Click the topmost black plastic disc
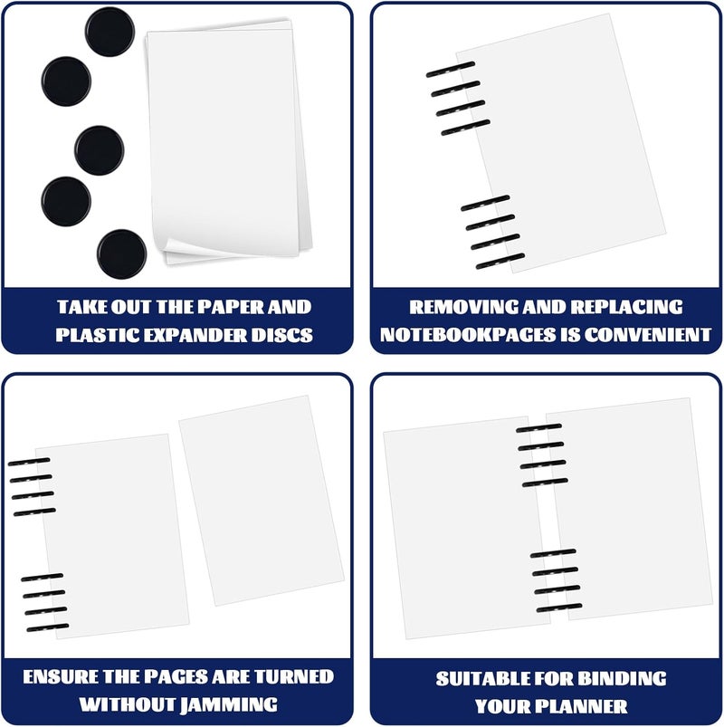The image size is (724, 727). (x=110, y=32)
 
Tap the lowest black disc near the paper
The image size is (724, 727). (x=122, y=254)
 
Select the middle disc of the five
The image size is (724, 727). (x=100, y=150)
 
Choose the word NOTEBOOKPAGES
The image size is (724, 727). (x=468, y=335)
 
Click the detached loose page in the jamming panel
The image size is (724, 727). (x=262, y=501)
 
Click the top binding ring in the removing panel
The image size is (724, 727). (x=451, y=69)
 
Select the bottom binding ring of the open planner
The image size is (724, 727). (x=559, y=607)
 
